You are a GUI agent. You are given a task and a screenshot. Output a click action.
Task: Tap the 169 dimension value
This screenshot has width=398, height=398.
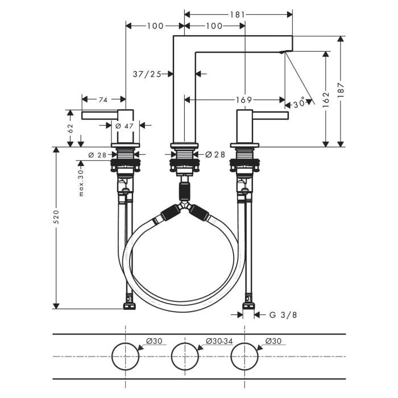coord(244,100)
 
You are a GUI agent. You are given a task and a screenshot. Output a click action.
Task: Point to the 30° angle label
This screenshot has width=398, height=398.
coord(300,104)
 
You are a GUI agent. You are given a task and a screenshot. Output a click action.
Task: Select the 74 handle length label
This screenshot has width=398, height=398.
coord(103,100)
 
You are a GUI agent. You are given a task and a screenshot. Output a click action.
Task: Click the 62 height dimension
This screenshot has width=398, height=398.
coord(71,128)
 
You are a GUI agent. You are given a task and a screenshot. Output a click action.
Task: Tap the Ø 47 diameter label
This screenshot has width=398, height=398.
coord(125,126)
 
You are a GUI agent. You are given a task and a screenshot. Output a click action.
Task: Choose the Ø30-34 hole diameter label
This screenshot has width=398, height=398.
coord(219,341)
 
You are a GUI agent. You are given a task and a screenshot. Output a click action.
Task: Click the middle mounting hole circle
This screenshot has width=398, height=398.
coord(185,357)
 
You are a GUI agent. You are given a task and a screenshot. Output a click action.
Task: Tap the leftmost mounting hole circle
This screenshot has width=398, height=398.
coord(125,357)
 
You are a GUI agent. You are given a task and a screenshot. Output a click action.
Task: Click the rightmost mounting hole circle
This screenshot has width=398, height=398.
coord(244,357)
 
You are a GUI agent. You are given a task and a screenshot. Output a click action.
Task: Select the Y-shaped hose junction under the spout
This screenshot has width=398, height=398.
coord(184,208)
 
